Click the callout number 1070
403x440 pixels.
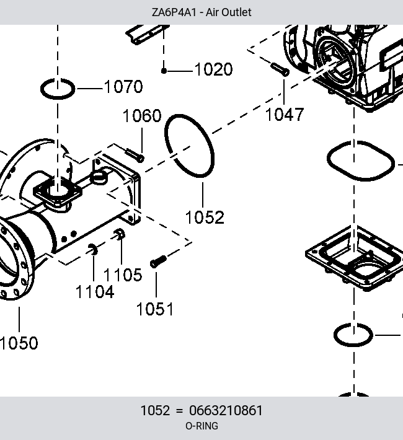[x=123, y=87]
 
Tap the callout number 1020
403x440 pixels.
[x=213, y=69]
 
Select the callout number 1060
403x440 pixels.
[x=142, y=115]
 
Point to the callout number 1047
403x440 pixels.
[x=285, y=115]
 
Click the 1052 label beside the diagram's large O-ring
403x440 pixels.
[x=205, y=218]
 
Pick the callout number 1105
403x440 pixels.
[x=123, y=275]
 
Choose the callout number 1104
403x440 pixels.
[x=95, y=292]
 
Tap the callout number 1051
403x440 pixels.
[x=155, y=309]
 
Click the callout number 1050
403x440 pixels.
[x=19, y=343]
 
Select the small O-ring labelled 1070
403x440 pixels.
[x=58, y=97]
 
